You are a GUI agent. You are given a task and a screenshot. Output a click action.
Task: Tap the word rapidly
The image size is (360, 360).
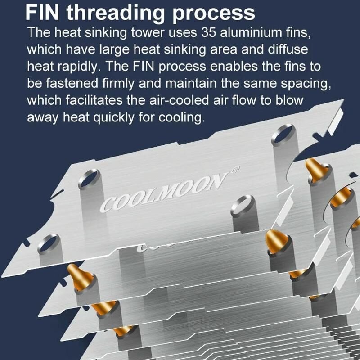point(79,67)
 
